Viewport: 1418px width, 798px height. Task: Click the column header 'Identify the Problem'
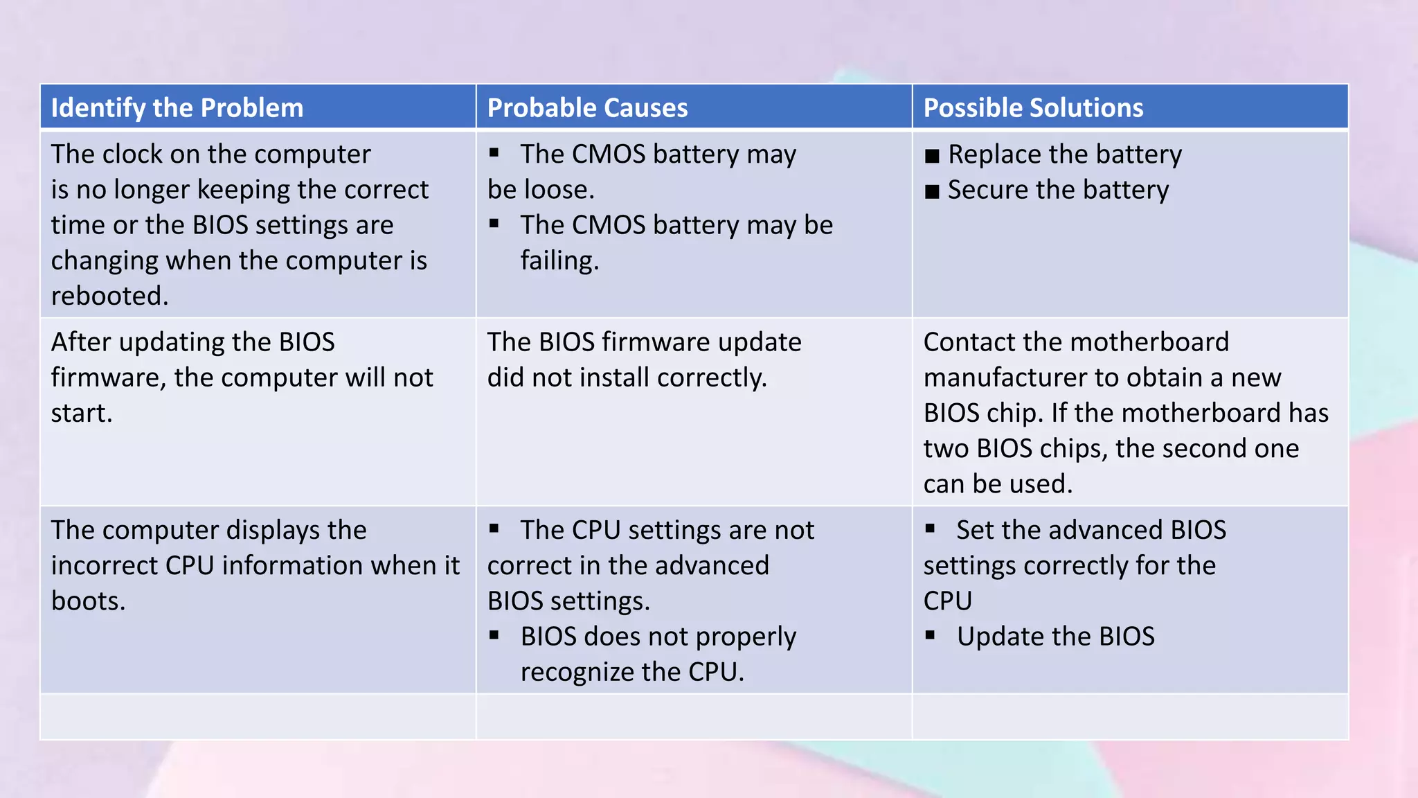(177, 108)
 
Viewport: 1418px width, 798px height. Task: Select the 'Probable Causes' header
(587, 108)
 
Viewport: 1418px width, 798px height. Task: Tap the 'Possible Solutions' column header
(1033, 108)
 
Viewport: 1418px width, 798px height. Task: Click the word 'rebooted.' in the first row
(109, 296)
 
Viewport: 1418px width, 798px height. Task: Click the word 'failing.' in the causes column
(559, 260)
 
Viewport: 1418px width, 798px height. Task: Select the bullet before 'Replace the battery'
(932, 156)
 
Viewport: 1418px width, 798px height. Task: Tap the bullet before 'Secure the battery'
(932, 191)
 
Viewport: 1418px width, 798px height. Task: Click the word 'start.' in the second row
(82, 413)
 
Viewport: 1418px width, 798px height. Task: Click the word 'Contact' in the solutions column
(968, 342)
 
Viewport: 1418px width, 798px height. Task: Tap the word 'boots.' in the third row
(88, 601)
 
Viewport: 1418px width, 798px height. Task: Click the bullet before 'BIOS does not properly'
(494, 635)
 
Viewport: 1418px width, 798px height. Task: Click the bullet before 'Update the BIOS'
(930, 635)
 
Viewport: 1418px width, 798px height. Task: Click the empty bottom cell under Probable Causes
(694, 716)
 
